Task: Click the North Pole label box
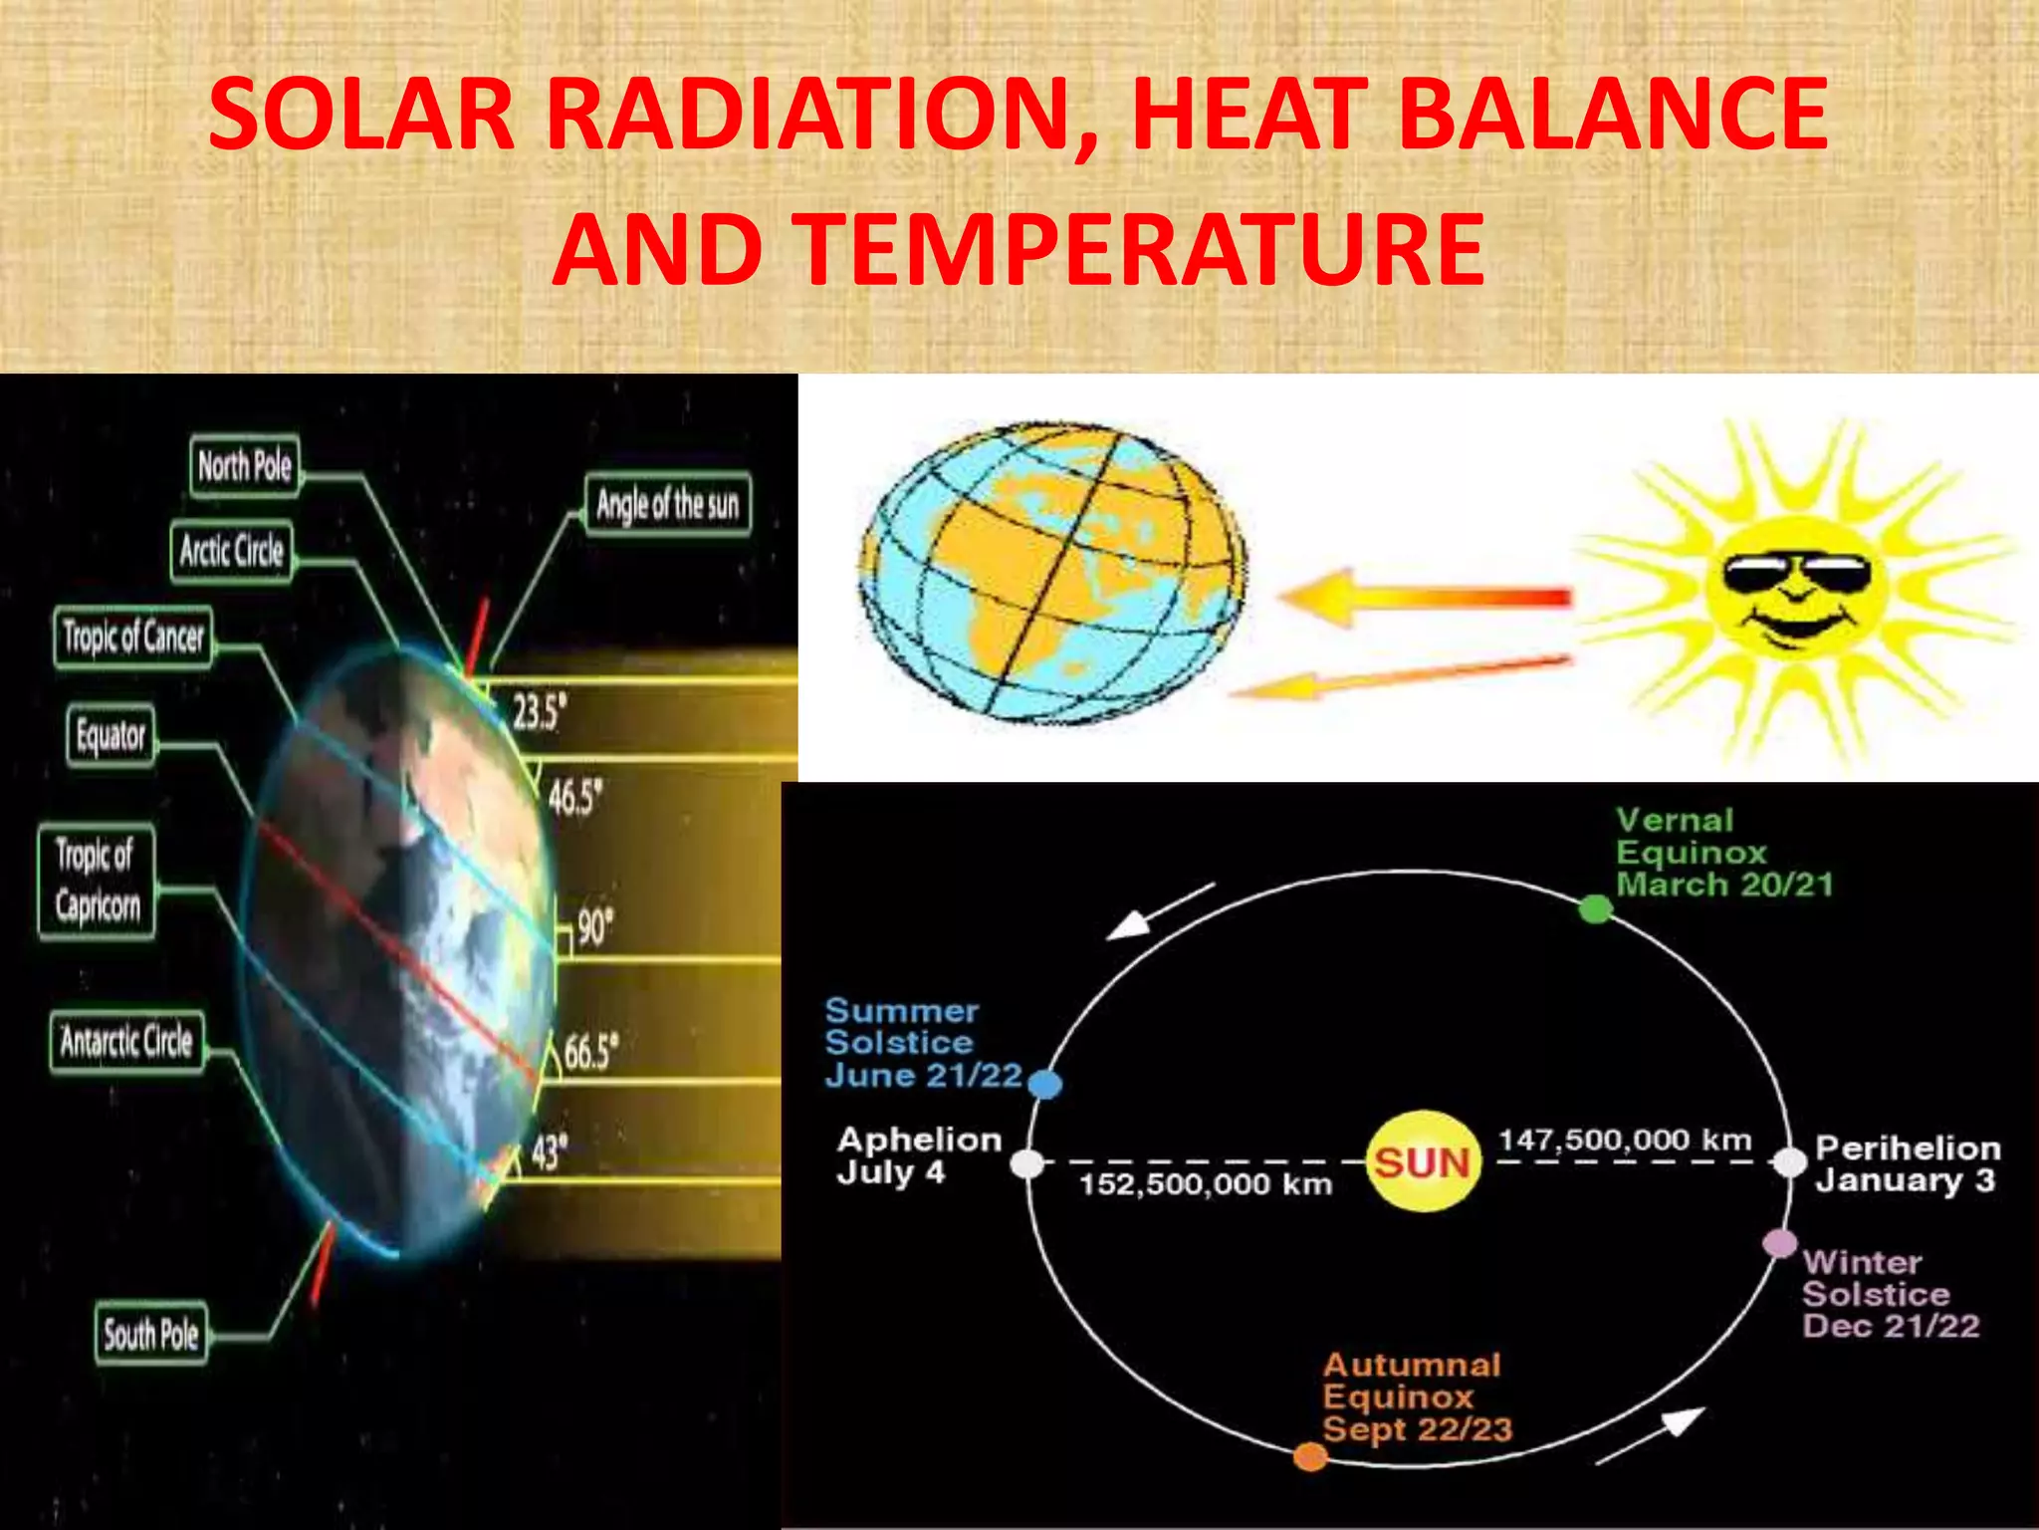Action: (x=244, y=465)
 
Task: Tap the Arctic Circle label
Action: (x=231, y=550)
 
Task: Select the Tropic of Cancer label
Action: (x=132, y=637)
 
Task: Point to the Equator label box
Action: (x=111, y=736)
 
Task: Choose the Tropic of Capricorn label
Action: (x=97, y=881)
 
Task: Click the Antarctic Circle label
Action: (x=126, y=1042)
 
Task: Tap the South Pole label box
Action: (x=150, y=1334)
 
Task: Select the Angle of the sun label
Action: (x=667, y=505)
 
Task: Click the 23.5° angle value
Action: (x=539, y=711)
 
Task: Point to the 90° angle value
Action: (x=594, y=927)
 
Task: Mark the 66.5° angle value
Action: (x=590, y=1052)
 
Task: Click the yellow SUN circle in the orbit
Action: (x=1422, y=1162)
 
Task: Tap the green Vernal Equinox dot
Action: (x=1595, y=908)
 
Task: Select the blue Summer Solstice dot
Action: (x=1044, y=1084)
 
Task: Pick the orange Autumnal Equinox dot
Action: (x=1310, y=1457)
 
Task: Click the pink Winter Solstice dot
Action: (x=1779, y=1243)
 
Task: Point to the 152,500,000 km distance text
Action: (x=1206, y=1184)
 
